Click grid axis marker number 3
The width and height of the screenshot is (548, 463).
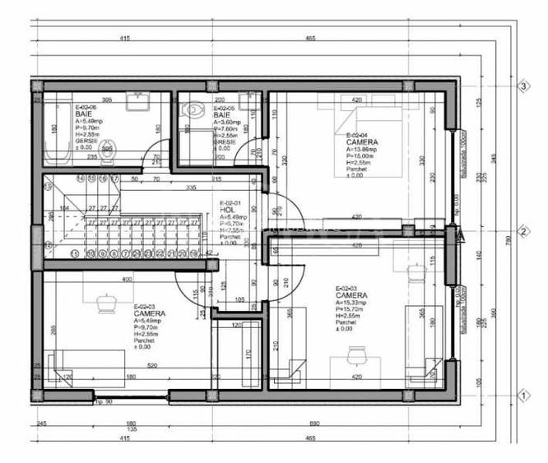[522, 86]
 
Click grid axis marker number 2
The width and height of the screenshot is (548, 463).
[522, 232]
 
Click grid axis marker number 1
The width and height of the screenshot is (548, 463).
[522, 396]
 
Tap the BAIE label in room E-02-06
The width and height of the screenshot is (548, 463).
[83, 114]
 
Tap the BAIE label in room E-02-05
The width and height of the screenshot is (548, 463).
[220, 114]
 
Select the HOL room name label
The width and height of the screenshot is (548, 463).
[227, 210]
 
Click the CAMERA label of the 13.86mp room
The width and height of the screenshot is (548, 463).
[361, 141]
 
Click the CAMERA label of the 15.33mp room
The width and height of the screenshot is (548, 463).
[351, 294]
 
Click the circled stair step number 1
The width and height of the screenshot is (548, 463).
[75, 254]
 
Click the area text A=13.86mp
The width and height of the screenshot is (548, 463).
[361, 149]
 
